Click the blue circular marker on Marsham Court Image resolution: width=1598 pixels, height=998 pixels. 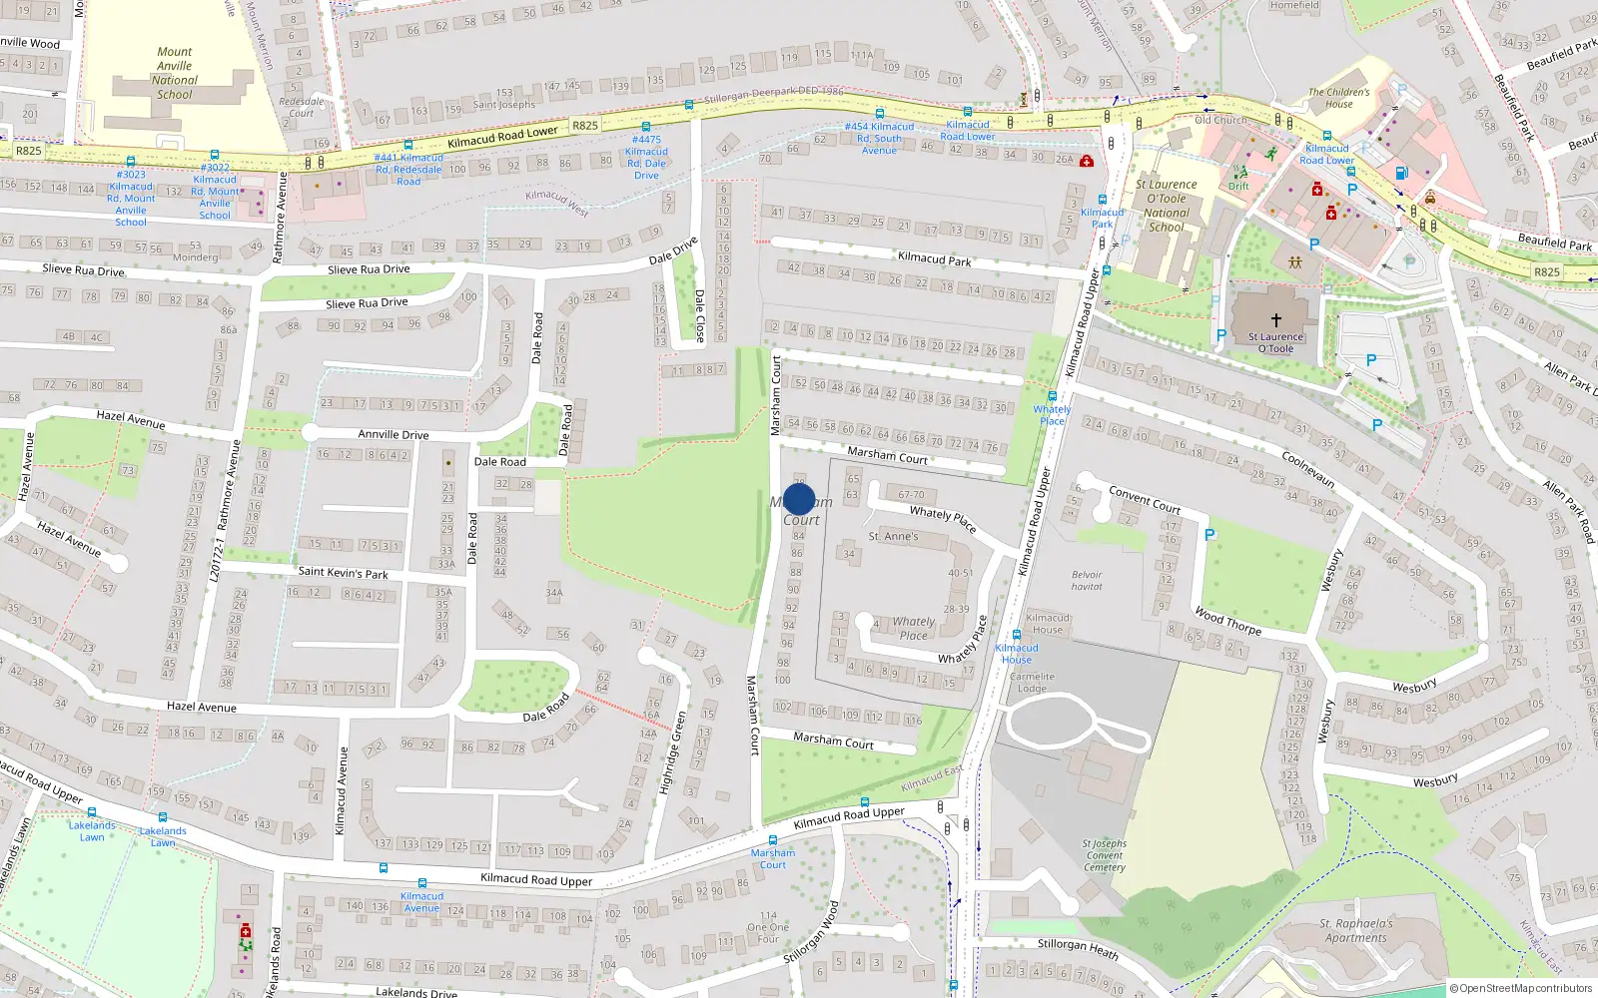pos(799,499)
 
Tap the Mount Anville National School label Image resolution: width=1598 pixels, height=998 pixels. pos(175,73)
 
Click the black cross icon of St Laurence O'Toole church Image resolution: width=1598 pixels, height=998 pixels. pos(1275,321)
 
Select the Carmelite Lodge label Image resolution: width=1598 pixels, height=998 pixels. pos(1032,683)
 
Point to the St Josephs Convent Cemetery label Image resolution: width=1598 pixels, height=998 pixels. pos(1104,855)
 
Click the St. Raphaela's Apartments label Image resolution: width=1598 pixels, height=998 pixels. pos(1355,930)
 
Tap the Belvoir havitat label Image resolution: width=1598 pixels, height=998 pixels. pos(1087,580)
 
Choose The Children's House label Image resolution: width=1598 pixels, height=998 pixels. pos(1338,98)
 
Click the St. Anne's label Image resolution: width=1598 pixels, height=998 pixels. pos(893,536)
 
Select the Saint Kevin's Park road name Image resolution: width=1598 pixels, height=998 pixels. pos(343,572)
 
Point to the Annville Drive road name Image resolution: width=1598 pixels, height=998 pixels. pos(394,434)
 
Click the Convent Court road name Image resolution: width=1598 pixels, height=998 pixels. pos(1145,499)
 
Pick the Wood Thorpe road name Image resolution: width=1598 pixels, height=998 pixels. pos(1227,622)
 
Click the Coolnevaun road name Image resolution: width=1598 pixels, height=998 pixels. pos(1308,469)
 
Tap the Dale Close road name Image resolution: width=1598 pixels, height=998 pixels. pos(699,315)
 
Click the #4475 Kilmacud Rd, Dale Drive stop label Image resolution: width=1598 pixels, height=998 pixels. pos(646,158)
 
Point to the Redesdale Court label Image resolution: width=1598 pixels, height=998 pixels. pos(302,107)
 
